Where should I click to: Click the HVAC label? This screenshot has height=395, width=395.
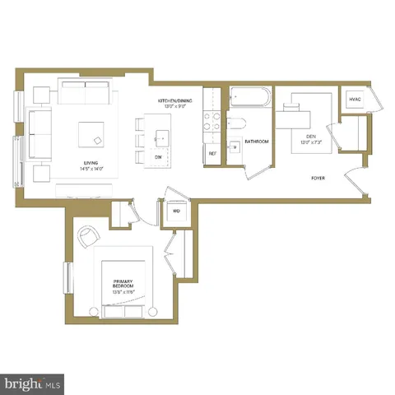355,100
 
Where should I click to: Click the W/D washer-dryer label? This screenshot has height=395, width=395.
176,211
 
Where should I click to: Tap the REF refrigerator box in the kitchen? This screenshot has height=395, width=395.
212,154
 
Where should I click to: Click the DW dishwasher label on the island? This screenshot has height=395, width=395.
158,156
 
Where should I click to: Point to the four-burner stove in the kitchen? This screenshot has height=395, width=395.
211,123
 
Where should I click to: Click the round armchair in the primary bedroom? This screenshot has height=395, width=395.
88,238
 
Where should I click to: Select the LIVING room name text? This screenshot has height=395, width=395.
92,162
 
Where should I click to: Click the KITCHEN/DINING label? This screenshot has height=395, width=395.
177,100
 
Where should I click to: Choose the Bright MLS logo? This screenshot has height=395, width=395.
33,383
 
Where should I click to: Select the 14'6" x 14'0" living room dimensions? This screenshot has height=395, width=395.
92,168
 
